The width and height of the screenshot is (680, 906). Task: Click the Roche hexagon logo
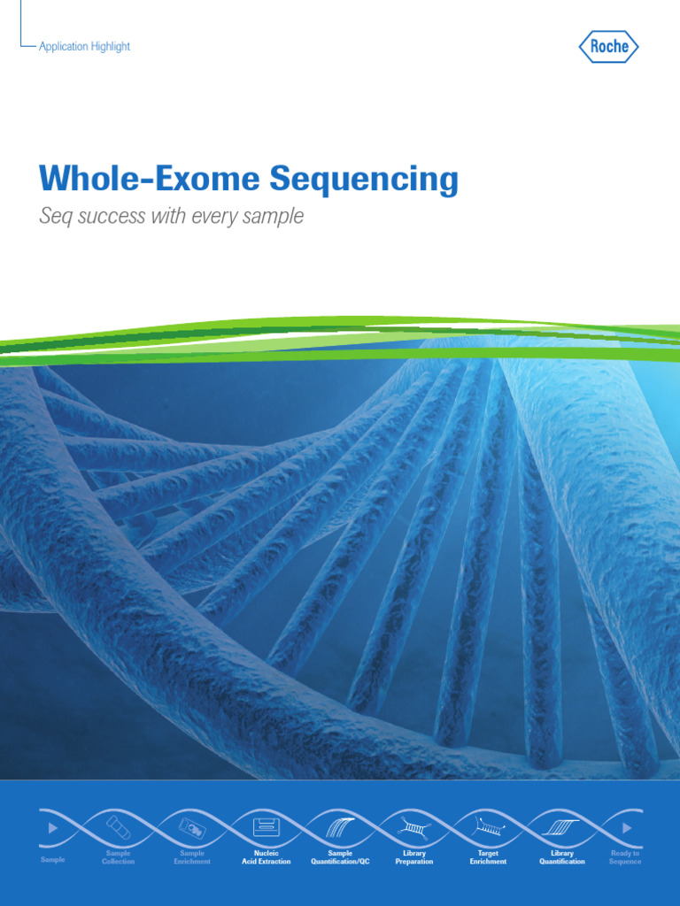[x=609, y=47]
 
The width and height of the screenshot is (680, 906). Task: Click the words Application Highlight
[x=84, y=47]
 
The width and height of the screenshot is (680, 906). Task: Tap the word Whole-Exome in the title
[x=150, y=180]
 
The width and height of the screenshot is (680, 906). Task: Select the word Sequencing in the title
[x=364, y=180]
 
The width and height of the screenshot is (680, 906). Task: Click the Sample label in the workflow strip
[x=53, y=859]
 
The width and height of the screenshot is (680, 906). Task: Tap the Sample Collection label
[x=118, y=857]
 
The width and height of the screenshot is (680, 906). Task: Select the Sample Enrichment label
[x=192, y=857]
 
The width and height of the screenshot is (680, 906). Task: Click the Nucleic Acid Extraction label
[x=266, y=857]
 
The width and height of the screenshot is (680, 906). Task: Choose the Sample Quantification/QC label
[x=340, y=857]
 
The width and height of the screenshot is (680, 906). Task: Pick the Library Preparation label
[x=414, y=857]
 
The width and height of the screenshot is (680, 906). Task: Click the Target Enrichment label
[x=489, y=857]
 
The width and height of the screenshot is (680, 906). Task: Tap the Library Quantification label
[x=562, y=857]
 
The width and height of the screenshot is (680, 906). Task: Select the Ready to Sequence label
[x=625, y=857]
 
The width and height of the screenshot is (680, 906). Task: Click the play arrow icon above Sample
[x=53, y=828]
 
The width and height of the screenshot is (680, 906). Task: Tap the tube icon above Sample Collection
[x=118, y=827]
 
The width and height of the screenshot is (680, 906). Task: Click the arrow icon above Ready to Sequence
[x=627, y=828]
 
